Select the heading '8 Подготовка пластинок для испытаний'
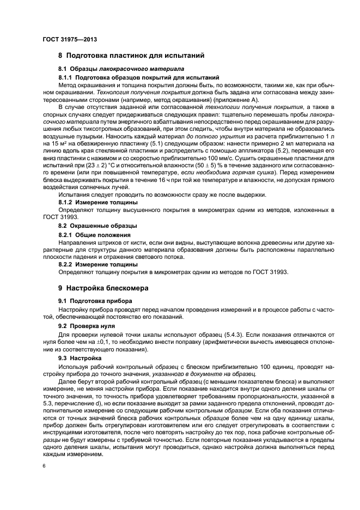[x=131, y=56]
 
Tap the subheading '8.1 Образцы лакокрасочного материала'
[x=121, y=69]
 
